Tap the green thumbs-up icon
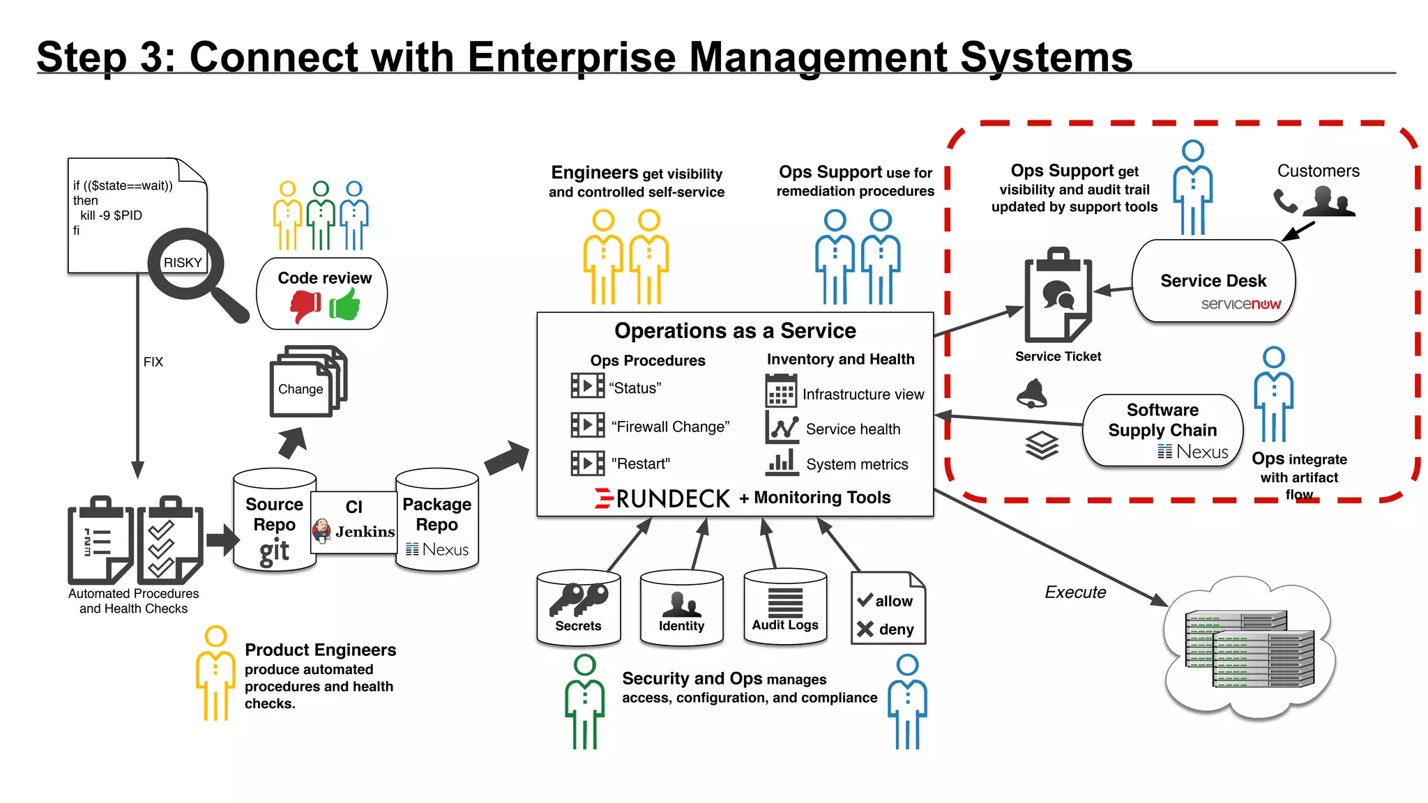click(x=344, y=305)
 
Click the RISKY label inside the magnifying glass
click(x=183, y=263)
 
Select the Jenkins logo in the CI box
click(x=321, y=531)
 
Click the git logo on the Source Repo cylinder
click(x=274, y=551)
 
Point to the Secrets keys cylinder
click(x=578, y=606)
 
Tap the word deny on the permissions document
click(x=896, y=629)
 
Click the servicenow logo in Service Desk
click(x=1240, y=304)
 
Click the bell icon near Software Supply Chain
click(x=1032, y=394)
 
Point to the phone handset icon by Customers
click(x=1284, y=201)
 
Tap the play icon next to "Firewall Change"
click(x=587, y=425)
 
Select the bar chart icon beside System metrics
click(x=782, y=462)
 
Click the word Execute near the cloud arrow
click(x=1075, y=592)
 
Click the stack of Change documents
click(x=307, y=381)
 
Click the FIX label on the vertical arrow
click(x=153, y=362)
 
